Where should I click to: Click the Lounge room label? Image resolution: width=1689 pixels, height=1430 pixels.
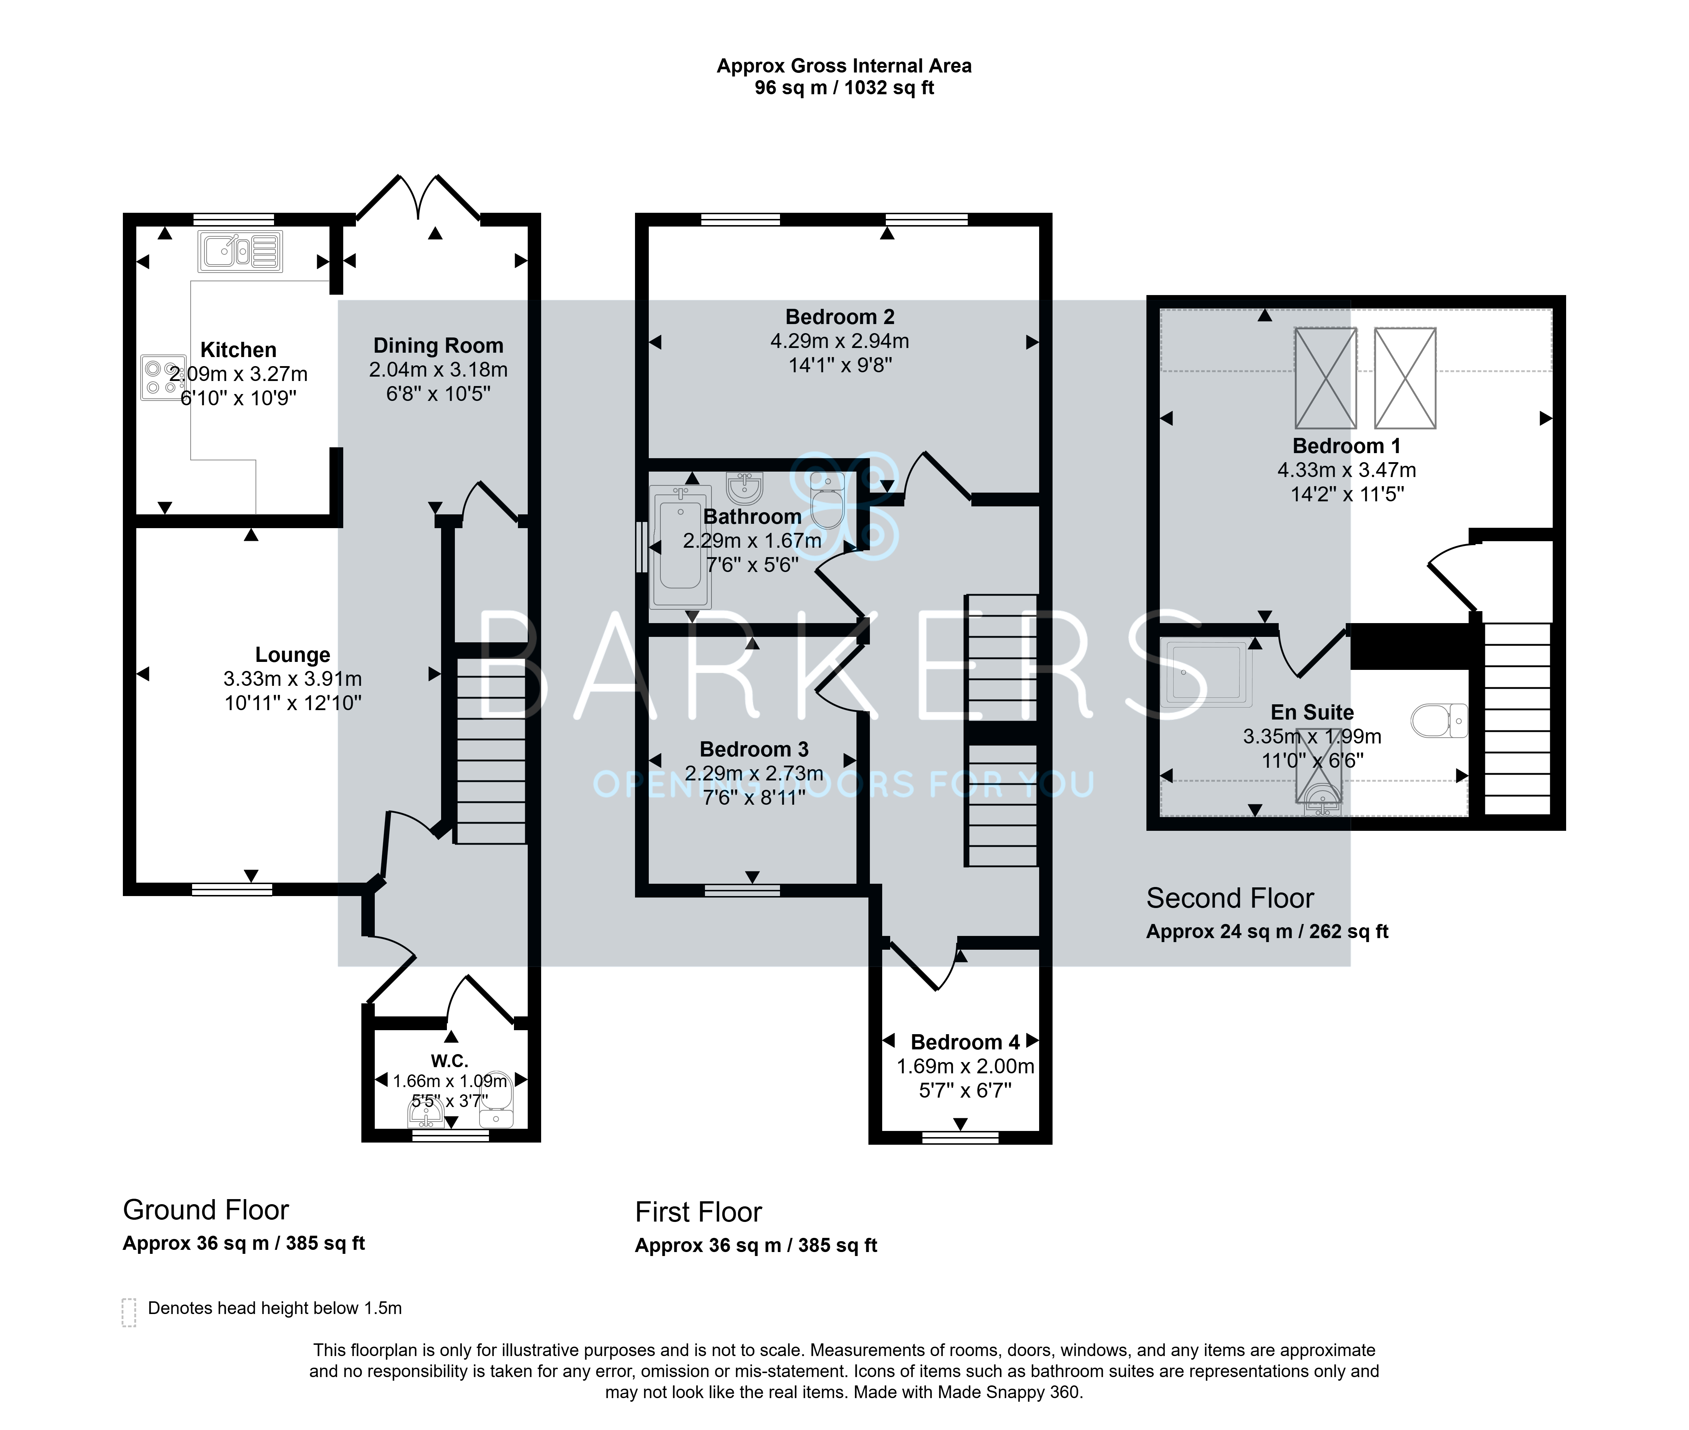click(292, 655)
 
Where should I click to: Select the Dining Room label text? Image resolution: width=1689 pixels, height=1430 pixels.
click(439, 346)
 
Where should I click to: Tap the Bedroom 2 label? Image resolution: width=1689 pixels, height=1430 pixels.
click(840, 317)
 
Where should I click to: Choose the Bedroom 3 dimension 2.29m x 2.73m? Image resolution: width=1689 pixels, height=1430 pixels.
click(754, 774)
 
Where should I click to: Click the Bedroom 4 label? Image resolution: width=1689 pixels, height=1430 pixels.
click(965, 1043)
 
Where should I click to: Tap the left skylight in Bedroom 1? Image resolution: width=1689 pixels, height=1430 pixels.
click(1326, 378)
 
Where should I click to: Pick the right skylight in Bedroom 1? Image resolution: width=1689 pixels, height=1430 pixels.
click(1405, 378)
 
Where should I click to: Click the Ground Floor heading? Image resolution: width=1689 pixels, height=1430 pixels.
click(206, 1210)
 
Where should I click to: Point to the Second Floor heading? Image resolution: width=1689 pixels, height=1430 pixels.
click(1229, 898)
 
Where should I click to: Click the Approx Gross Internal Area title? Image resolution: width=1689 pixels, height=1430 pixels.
click(844, 66)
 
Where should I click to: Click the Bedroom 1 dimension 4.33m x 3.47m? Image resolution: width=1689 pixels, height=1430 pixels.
click(1347, 470)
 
